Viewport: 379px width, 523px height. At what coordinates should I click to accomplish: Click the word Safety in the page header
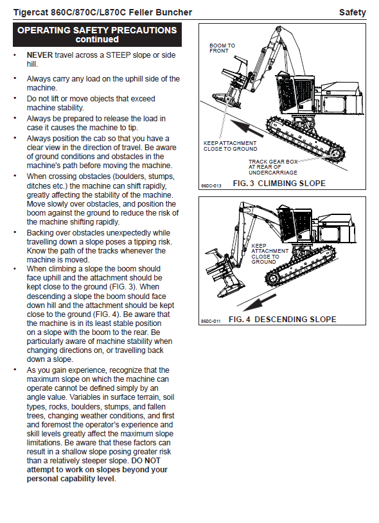click(352, 13)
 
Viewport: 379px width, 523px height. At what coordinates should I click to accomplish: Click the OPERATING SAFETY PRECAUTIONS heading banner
click(97, 35)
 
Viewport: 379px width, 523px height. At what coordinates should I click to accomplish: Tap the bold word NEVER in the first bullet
click(40, 55)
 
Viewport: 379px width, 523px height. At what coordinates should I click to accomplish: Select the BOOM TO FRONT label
click(222, 48)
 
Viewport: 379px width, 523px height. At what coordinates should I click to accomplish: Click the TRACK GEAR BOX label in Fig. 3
click(273, 167)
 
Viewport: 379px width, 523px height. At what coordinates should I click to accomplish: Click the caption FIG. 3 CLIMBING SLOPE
click(279, 184)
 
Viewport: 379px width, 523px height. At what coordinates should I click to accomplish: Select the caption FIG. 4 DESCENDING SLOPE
click(283, 320)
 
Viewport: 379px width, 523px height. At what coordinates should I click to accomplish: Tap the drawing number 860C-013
click(211, 186)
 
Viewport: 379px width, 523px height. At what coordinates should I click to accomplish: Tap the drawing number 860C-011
click(211, 322)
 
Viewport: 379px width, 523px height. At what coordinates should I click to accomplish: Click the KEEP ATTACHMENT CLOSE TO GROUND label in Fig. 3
click(231, 146)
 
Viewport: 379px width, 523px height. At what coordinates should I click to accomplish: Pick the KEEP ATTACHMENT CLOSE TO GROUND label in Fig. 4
click(270, 254)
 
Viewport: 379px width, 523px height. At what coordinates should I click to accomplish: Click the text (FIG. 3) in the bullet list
click(123, 287)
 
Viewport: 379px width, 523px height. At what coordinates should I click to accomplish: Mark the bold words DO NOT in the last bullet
click(146, 461)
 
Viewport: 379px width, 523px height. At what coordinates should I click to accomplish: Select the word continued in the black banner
click(97, 39)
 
